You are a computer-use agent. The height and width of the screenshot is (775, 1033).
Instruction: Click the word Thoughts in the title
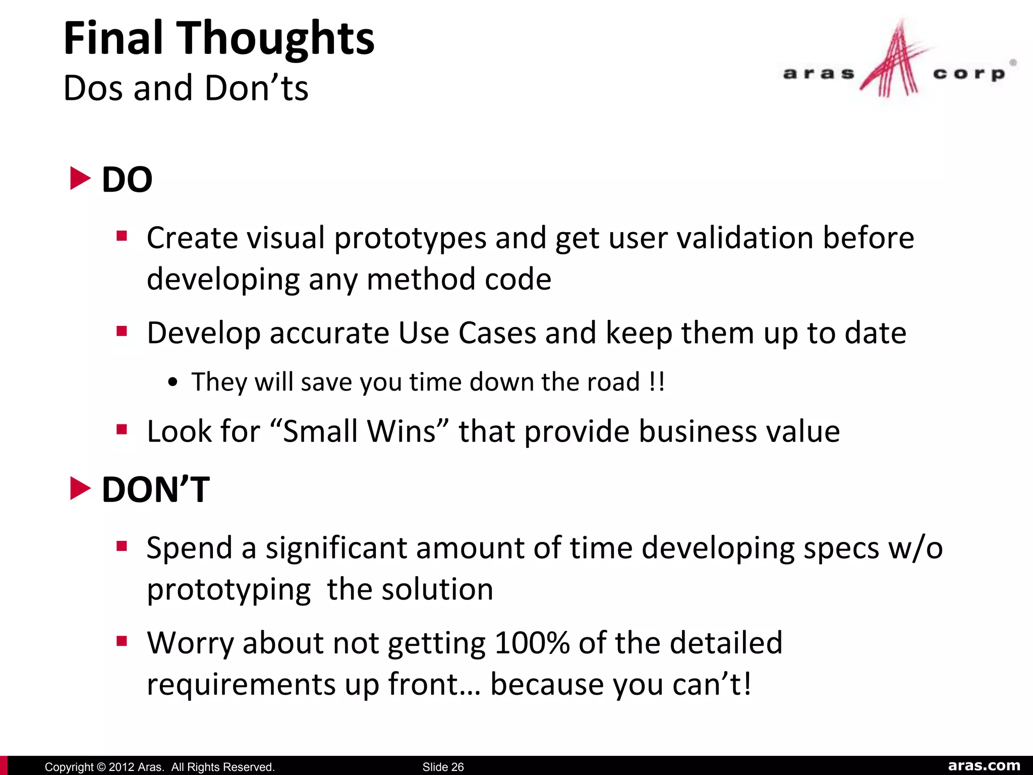coord(276,39)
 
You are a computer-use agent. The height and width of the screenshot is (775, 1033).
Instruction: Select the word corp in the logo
coord(968,74)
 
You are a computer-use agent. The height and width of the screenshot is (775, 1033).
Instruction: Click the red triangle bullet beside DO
coord(80,179)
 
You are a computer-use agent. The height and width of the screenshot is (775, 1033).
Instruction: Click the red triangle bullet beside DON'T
coord(80,488)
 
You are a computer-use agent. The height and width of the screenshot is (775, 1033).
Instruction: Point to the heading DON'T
coord(155,489)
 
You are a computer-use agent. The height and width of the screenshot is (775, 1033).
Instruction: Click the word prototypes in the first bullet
coord(410,238)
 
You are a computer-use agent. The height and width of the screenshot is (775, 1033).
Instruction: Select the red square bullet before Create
coord(122,236)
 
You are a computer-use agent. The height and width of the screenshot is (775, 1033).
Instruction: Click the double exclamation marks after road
coord(657,381)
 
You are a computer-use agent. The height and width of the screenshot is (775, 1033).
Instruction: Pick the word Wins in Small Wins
coord(401,431)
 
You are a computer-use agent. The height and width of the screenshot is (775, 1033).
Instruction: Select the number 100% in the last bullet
coord(532,643)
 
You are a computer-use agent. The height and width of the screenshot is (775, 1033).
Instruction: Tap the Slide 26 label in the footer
coord(443,767)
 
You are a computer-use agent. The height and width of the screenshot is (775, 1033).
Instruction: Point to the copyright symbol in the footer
coord(100,767)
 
